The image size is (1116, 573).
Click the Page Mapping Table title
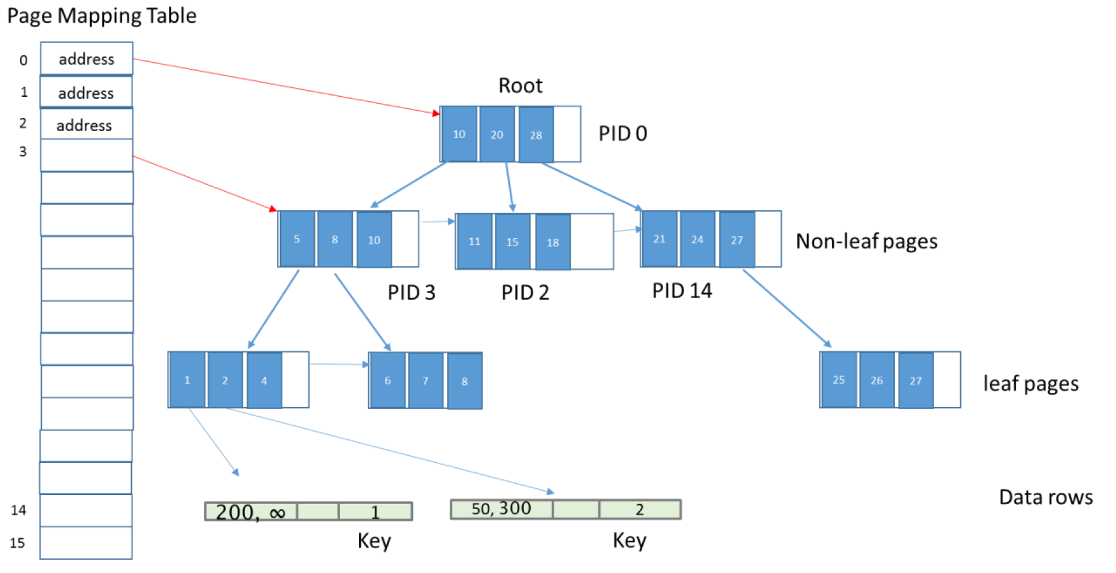pos(102,16)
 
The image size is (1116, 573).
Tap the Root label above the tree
pos(521,85)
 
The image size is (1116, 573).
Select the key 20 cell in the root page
pos(497,134)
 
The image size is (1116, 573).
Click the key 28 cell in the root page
pos(536,135)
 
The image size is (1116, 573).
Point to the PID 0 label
pos(623,134)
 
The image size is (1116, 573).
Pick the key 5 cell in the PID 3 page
pos(297,239)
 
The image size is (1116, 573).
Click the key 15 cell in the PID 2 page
pos(512,242)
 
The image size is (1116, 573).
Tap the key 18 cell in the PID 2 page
pos(553,242)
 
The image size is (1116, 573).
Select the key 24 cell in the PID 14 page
pos(697,239)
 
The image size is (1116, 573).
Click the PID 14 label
pos(682,291)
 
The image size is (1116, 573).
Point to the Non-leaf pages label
pos(866,241)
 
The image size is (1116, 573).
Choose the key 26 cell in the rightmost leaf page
pos(877,380)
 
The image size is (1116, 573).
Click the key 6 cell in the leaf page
pos(388,381)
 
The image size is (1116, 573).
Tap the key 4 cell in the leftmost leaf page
pos(264,381)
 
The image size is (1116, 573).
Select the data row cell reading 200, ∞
pos(251,512)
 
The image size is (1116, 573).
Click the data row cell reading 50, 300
pos(502,509)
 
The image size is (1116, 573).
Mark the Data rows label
pos(1046,497)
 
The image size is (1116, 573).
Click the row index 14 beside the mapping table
pos(18,510)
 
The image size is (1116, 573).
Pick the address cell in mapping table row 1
pos(86,92)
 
